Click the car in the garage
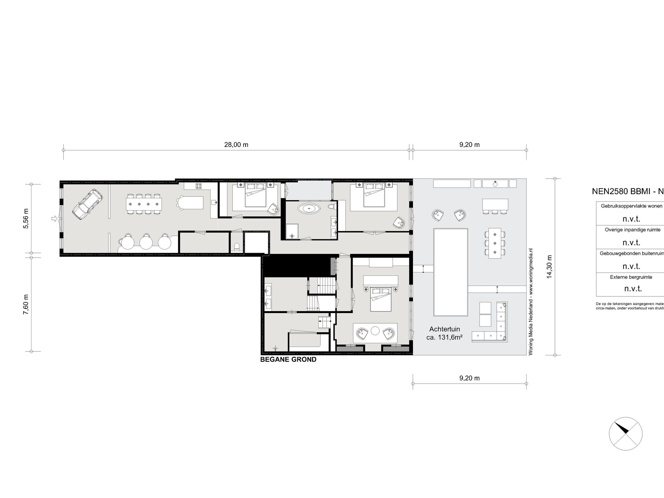click(87, 204)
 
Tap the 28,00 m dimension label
click(236, 145)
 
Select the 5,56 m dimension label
click(26, 219)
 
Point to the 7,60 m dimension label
click(26, 305)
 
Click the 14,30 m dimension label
click(549, 267)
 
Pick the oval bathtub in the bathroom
click(309, 208)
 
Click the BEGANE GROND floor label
click(288, 359)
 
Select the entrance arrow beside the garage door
click(54, 219)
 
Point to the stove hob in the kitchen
click(199, 186)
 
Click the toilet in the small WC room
click(237, 247)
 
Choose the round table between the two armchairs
click(375, 331)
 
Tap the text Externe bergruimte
click(631, 277)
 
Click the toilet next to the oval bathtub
click(331, 206)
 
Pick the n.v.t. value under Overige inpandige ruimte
click(631, 243)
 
